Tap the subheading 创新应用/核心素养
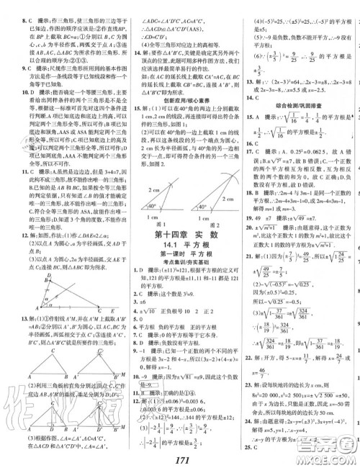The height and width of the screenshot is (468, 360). pyautogui.click(x=181, y=99)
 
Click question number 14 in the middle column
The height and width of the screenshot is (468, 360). pyautogui.click(x=127, y=53)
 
